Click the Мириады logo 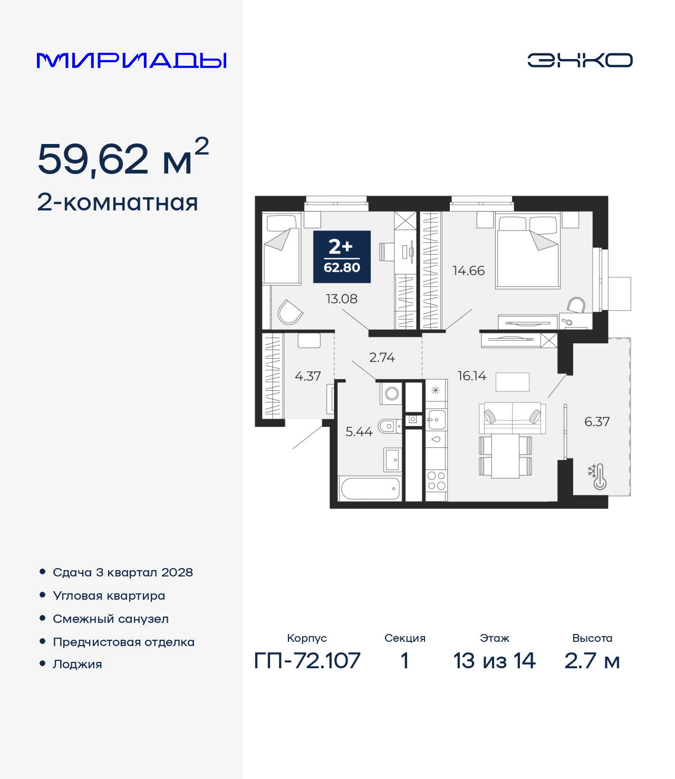pos(131,61)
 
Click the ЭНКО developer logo pos(580,60)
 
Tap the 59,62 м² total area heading pos(123,157)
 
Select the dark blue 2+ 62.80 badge pos(342,257)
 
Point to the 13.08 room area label pos(342,299)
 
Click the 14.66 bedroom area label pos(468,271)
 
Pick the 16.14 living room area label pos(472,376)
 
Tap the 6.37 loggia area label pos(597,421)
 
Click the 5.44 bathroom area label pos(359,431)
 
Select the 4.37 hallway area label pos(307,376)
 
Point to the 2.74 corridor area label pos(382,357)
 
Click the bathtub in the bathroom pos(370,489)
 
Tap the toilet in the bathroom pos(389,426)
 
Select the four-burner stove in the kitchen pos(436,481)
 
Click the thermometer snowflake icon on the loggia pos(597,477)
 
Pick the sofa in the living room pos(512,418)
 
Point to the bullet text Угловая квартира pos(109,595)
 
